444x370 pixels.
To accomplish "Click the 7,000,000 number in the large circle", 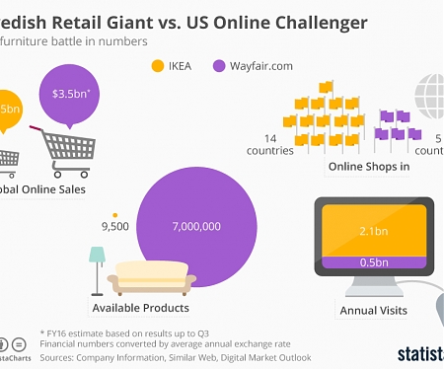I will pyautogui.click(x=195, y=226).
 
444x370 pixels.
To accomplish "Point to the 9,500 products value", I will pyautogui.click(x=114, y=227).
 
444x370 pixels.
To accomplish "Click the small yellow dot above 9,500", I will pyautogui.click(x=115, y=213).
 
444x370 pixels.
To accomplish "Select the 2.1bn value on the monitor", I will pyautogui.click(x=372, y=231).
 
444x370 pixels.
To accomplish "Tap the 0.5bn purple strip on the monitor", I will pyautogui.click(x=372, y=261).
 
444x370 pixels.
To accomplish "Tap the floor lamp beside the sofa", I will pyautogui.click(x=97, y=267).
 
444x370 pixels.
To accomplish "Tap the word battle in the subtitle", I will pyautogui.click(x=62, y=41).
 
